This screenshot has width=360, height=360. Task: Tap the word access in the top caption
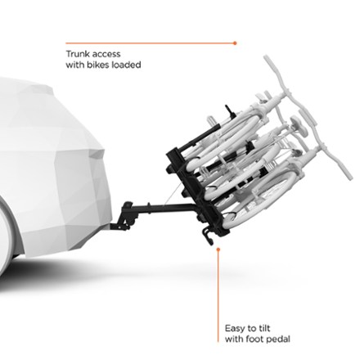tap(106, 54)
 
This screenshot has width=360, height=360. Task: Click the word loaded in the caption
tap(126, 65)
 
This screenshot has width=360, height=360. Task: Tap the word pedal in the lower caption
tap(278, 340)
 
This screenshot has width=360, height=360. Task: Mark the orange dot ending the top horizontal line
tap(235, 43)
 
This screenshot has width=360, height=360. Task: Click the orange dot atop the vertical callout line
tap(218, 249)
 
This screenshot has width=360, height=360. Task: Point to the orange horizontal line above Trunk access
tap(150, 43)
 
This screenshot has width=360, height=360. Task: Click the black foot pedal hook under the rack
tap(207, 236)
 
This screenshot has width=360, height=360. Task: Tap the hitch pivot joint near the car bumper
tap(127, 215)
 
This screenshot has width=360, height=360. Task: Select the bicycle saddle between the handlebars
tap(298, 124)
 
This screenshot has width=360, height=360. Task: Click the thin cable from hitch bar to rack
tap(173, 195)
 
